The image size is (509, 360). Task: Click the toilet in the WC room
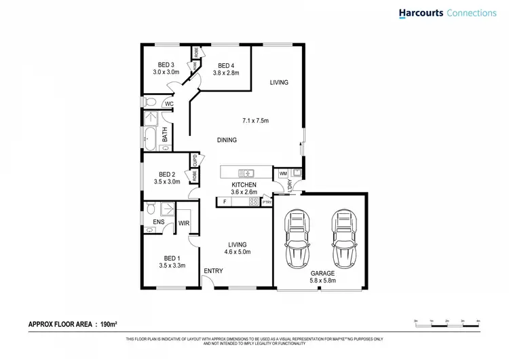(x=151, y=103)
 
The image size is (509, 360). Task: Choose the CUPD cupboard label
(x=195, y=160)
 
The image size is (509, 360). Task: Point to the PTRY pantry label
(x=267, y=202)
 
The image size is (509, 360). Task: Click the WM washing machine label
(x=283, y=175)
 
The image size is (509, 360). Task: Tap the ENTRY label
(x=213, y=272)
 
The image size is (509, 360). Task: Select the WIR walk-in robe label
(x=183, y=222)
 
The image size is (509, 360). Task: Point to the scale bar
(x=447, y=324)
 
